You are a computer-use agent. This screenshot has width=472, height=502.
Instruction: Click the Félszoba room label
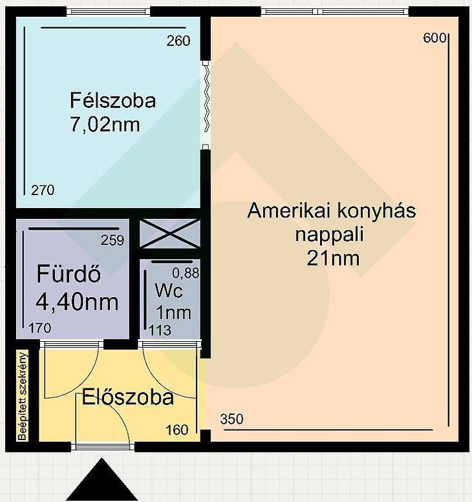pos(113,101)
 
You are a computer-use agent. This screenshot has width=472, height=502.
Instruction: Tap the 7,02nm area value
pos(105,125)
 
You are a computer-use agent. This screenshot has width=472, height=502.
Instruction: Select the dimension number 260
pos(178,41)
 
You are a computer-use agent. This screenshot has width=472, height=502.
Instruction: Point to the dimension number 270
pos(43,190)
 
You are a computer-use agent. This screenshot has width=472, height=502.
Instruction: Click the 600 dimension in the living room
pos(434,37)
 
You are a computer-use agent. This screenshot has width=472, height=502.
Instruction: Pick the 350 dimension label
pos(231,419)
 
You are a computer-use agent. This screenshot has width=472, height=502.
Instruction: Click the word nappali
pos(329,235)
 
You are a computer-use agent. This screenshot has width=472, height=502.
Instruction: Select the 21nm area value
pos(333,258)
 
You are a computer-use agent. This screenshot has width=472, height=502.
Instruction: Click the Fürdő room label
pos(69,273)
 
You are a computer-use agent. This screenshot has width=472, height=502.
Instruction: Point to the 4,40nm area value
pos(77,302)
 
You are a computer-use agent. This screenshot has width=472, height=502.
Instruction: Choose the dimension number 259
pos(112,240)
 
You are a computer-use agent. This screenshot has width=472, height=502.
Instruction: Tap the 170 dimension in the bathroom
pos(39,328)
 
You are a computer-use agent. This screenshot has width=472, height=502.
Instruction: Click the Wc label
pos(169,290)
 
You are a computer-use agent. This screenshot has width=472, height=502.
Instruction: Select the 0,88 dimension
pos(186,273)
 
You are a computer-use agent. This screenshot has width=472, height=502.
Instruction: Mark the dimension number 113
pos(160,330)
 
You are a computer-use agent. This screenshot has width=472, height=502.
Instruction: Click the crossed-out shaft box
pos(170,233)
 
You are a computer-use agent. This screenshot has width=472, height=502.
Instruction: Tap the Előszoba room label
pos(127,397)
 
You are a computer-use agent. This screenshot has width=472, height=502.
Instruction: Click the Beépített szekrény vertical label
pos(23,396)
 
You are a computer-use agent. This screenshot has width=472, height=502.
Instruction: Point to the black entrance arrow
pos(102,480)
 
